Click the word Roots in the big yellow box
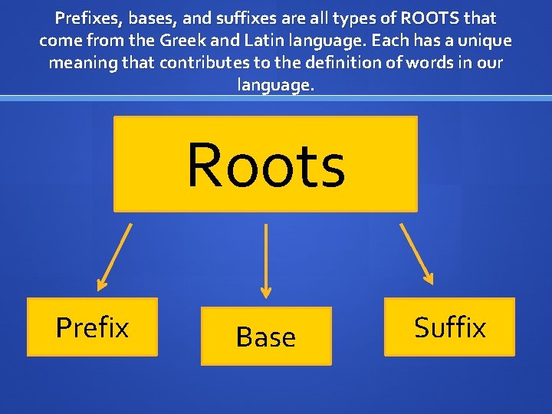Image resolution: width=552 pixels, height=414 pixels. pyautogui.click(x=266, y=165)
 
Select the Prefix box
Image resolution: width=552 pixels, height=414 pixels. pyautogui.click(x=92, y=327)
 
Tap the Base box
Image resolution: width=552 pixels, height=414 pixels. pyautogui.click(x=266, y=337)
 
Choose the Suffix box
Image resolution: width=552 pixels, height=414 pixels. pyautogui.click(x=449, y=327)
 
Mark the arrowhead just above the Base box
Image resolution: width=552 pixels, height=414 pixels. pyautogui.click(x=266, y=292)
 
